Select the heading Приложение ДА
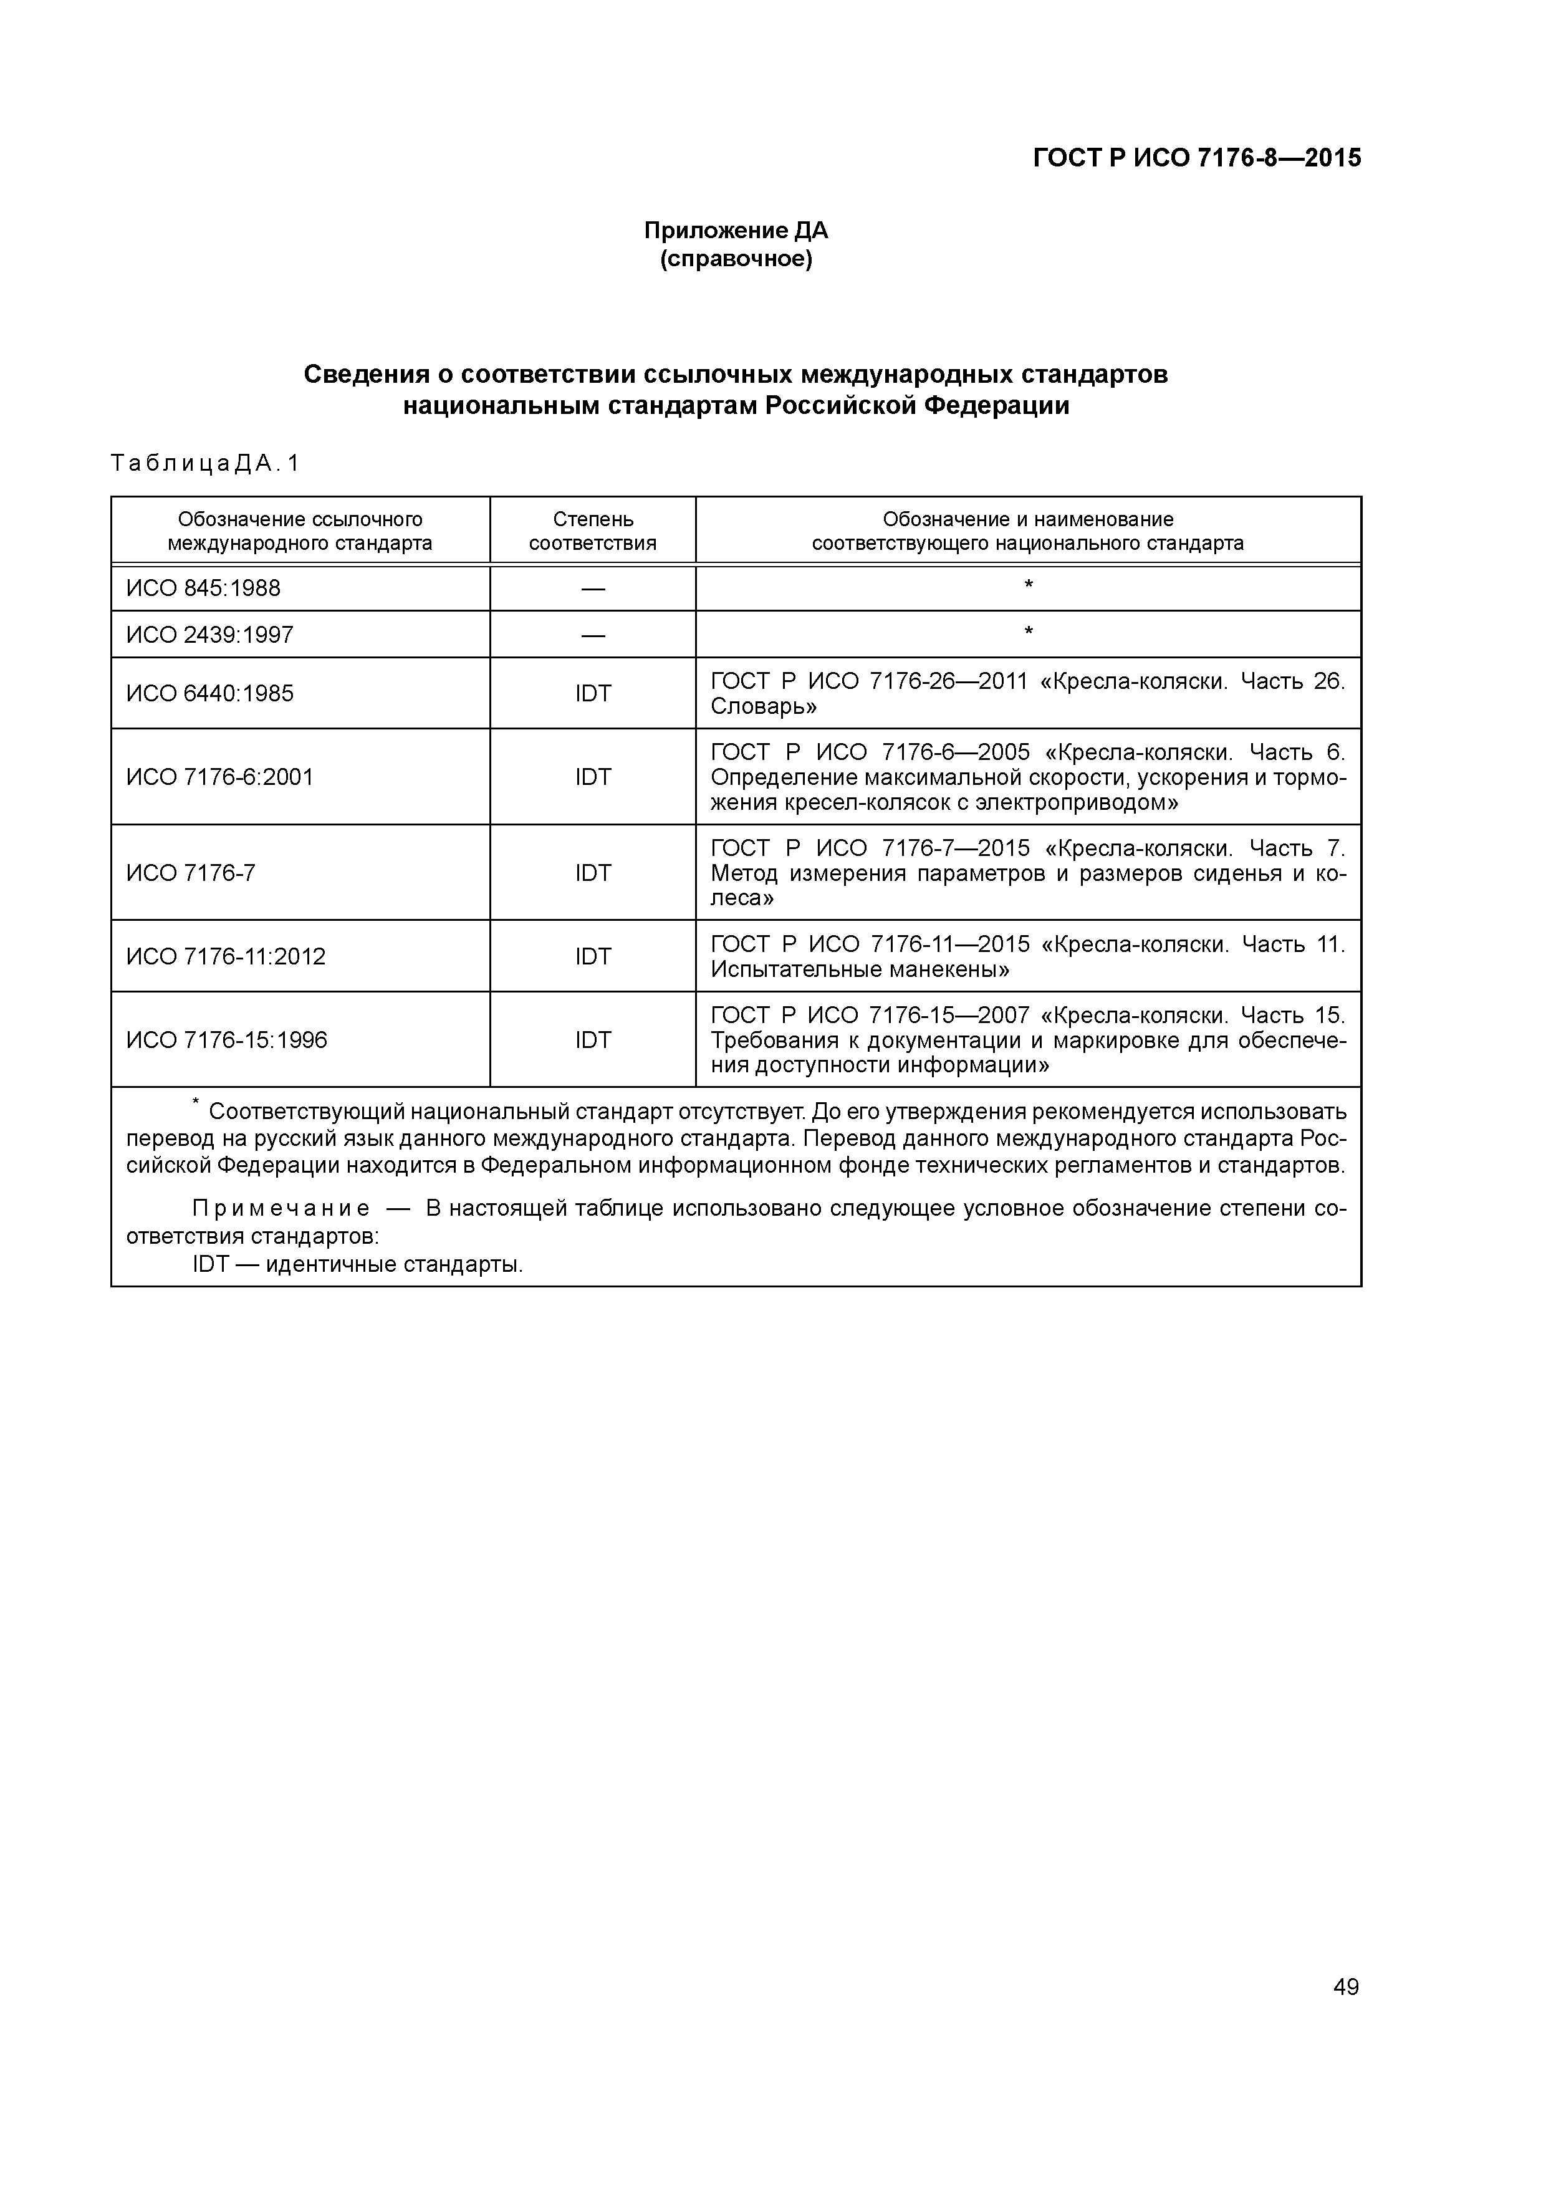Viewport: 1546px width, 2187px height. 736,231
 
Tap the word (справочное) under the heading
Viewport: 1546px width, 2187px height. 736,259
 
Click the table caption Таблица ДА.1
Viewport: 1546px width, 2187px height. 205,464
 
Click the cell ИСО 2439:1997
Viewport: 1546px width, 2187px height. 209,635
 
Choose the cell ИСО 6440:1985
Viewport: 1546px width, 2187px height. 209,693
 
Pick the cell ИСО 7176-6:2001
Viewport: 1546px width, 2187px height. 219,777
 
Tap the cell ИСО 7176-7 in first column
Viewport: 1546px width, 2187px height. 191,873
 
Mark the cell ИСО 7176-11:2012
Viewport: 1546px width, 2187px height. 226,956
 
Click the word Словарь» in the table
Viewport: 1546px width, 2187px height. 763,707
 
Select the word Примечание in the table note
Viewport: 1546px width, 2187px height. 281,1209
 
